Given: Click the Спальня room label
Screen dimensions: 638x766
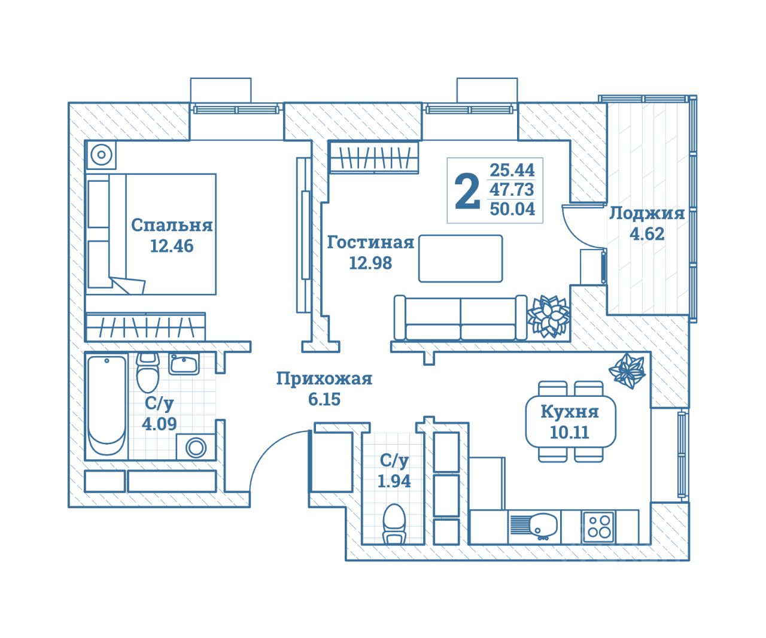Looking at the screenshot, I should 172,225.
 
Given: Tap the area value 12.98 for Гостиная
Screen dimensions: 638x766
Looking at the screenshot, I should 370,263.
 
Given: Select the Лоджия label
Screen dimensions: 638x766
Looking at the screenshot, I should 646,214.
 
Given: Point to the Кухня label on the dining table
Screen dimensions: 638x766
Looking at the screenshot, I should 569,412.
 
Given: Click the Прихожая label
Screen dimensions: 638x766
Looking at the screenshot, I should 324,379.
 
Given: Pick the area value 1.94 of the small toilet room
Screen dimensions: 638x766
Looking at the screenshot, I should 394,481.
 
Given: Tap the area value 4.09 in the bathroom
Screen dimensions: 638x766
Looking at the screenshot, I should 159,424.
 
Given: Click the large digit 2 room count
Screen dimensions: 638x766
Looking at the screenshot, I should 467,192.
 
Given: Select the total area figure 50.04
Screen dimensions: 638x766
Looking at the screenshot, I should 512,209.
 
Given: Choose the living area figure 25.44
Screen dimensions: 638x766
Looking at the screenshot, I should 512,169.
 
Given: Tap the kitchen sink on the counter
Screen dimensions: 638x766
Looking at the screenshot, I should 535,526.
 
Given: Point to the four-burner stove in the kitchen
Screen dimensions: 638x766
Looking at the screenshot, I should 598,527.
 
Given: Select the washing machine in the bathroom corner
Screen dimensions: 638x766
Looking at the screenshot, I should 196,447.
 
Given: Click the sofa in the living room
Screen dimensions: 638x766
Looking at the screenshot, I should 460,318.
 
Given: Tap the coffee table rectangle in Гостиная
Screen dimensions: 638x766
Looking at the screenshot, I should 460,258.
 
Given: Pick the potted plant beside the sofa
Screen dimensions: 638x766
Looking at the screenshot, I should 548,315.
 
